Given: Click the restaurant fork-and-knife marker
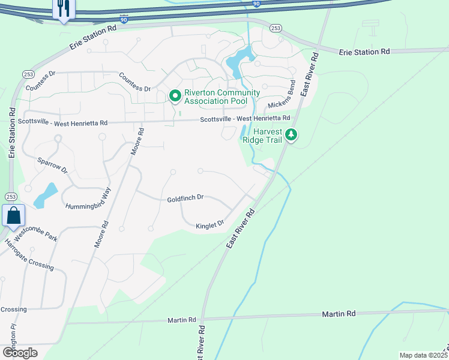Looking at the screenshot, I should (x=63, y=9).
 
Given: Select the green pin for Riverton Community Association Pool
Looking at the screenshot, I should (x=175, y=96).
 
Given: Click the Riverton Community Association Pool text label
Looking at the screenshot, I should (x=222, y=97).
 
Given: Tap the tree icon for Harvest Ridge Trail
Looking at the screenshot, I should (x=291, y=134).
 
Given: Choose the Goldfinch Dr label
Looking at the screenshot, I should (x=185, y=198).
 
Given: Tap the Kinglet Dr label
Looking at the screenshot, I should (x=209, y=225).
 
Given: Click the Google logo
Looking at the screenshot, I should (x=19, y=352).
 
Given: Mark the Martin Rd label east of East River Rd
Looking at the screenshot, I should (x=339, y=314).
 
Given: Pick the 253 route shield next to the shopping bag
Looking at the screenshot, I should (x=11, y=197).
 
